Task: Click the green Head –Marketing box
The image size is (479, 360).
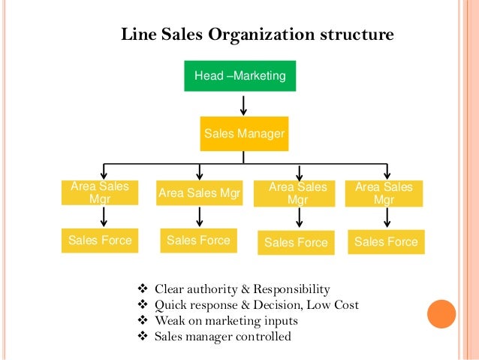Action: click(240, 76)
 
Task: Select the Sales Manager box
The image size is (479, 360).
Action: click(244, 135)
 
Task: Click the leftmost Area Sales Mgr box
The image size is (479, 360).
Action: click(99, 193)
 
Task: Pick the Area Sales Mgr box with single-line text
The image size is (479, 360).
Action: click(199, 194)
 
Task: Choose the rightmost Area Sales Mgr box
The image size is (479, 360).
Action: click(384, 193)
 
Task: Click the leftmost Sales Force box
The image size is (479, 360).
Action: click(100, 241)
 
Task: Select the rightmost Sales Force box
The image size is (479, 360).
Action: click(385, 242)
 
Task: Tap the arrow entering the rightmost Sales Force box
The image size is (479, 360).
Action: click(387, 217)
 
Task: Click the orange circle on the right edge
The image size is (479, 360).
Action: click(441, 314)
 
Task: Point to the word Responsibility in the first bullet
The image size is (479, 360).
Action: click(291, 289)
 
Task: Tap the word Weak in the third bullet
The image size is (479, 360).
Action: click(170, 321)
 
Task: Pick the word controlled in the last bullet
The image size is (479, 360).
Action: click(263, 337)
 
